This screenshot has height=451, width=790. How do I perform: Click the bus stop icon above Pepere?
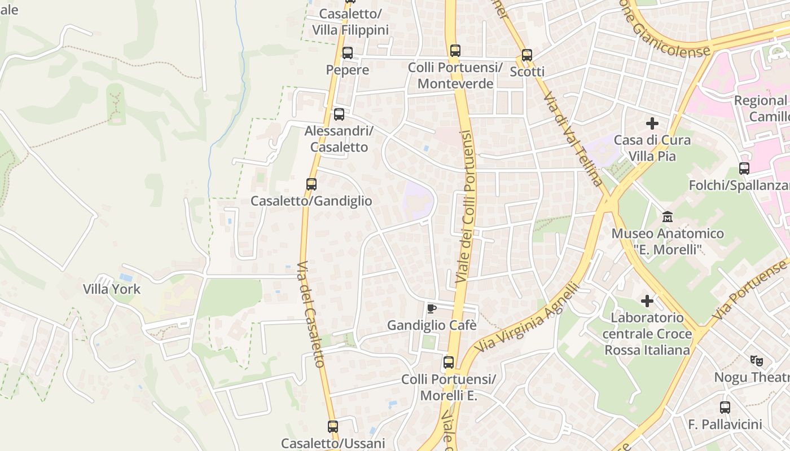pos(348,53)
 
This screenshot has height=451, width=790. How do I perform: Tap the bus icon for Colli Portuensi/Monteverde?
pos(455,51)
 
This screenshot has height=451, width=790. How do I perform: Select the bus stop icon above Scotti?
pos(527,55)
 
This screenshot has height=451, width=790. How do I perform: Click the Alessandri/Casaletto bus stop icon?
pos(339,114)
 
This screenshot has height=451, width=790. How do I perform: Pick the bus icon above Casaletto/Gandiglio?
pos(311,184)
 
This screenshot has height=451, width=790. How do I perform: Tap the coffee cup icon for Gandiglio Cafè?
pos(432,308)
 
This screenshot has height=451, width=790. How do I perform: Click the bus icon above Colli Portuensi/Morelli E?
pos(449,362)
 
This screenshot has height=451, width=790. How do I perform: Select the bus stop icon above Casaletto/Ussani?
pos(333,426)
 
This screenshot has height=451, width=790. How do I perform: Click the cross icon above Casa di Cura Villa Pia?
pos(652,123)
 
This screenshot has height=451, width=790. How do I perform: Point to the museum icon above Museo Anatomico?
pos(668,216)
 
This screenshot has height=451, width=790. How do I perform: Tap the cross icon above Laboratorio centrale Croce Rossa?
pos(647,301)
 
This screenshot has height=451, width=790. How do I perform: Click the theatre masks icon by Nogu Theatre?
pos(756,360)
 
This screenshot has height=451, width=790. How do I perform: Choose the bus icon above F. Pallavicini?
pos(725,407)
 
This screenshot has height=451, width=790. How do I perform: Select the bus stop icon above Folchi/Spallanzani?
pos(744,168)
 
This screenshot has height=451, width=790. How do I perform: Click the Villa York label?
pos(112,289)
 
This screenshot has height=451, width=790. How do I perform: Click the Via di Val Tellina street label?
pos(573,139)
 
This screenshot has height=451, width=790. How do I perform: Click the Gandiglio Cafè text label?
pos(432,325)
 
